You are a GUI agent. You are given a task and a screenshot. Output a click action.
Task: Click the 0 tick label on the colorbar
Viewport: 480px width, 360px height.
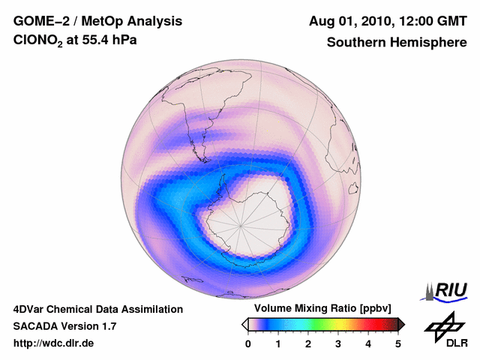click(248, 343)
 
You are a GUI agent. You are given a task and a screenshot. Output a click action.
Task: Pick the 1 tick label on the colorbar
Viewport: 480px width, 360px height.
click(278, 343)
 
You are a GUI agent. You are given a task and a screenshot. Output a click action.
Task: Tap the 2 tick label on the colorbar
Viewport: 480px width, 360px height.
click(308, 343)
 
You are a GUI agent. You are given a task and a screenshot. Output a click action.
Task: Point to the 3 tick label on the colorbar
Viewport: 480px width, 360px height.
click(338, 343)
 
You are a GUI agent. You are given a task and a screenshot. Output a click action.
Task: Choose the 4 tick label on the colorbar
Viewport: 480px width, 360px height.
click(368, 343)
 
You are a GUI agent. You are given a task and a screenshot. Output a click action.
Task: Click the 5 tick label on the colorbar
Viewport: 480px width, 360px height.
click(398, 343)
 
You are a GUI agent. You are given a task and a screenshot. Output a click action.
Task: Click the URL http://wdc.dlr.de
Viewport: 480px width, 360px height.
click(54, 343)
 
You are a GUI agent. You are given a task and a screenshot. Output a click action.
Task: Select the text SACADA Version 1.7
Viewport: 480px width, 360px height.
click(64, 326)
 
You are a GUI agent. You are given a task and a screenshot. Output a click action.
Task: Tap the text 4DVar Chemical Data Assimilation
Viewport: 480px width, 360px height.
click(97, 309)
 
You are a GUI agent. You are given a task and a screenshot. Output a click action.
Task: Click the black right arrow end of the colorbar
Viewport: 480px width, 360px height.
click(401, 324)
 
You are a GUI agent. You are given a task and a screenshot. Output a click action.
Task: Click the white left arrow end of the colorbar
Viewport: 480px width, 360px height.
click(244, 324)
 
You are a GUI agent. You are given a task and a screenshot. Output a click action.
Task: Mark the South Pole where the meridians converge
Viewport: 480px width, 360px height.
click(241, 224)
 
